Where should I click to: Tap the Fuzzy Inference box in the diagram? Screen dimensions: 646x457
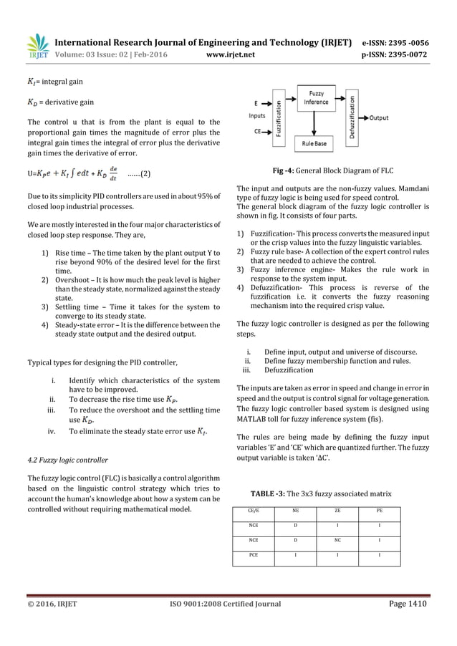[x=316, y=97]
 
